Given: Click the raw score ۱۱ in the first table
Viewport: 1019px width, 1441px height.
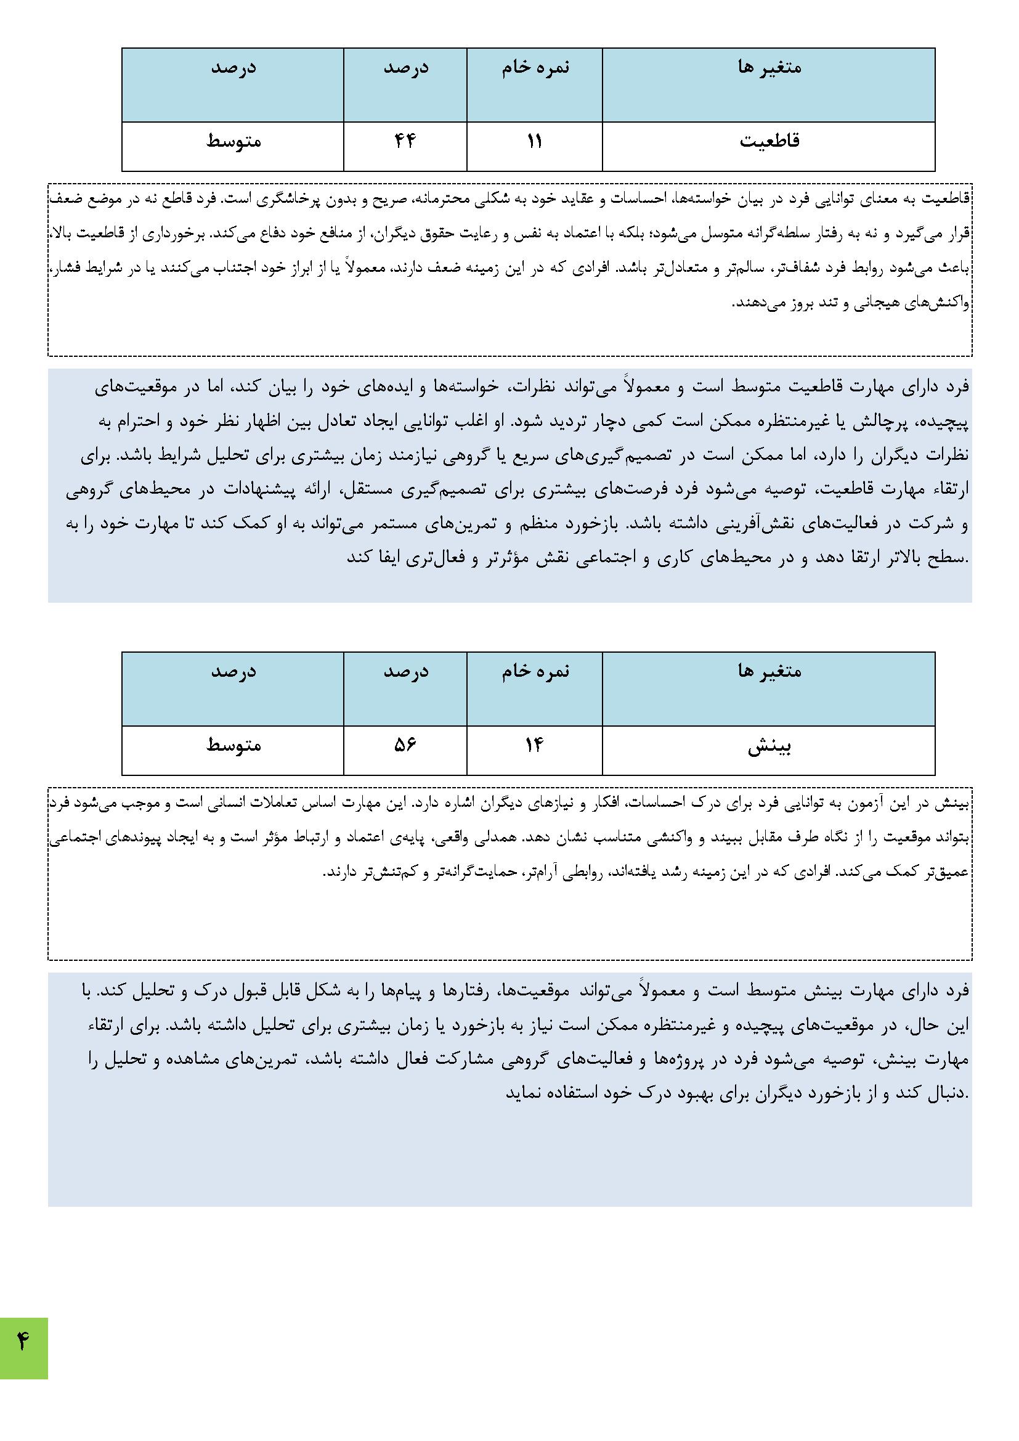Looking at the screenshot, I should point(534,141).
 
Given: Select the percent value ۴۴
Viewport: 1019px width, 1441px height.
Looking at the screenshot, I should point(405,141).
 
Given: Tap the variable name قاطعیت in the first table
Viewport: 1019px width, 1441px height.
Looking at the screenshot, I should point(769,141).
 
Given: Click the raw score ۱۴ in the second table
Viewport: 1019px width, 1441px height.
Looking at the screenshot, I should point(534,745).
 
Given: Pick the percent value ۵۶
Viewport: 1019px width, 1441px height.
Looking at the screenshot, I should point(405,745).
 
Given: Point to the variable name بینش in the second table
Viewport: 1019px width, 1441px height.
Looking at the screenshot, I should point(769,747).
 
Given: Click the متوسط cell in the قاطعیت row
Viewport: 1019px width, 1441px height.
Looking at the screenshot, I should point(233,141).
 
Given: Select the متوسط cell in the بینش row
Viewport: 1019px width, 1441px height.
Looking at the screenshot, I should point(233,745).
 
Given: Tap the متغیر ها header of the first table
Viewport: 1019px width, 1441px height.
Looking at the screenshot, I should point(769,67).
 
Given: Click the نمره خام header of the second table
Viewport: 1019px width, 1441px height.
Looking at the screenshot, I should point(535,671).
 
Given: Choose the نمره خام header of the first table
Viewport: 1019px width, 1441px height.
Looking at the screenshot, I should point(535,67).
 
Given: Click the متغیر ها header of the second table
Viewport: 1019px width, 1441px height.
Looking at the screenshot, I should point(769,671).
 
